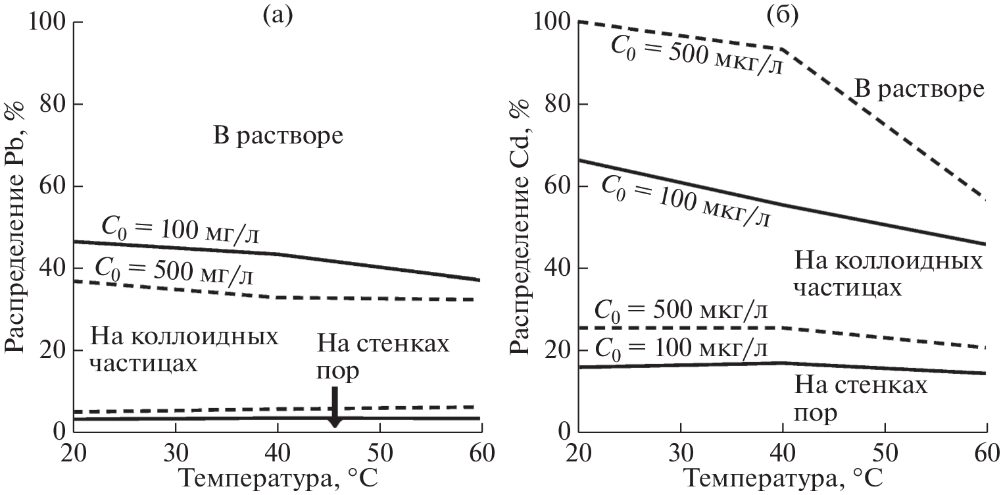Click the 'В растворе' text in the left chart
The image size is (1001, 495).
279,137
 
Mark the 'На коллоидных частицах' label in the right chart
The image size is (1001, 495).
888,274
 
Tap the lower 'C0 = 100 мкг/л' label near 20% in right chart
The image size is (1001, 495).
681,347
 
